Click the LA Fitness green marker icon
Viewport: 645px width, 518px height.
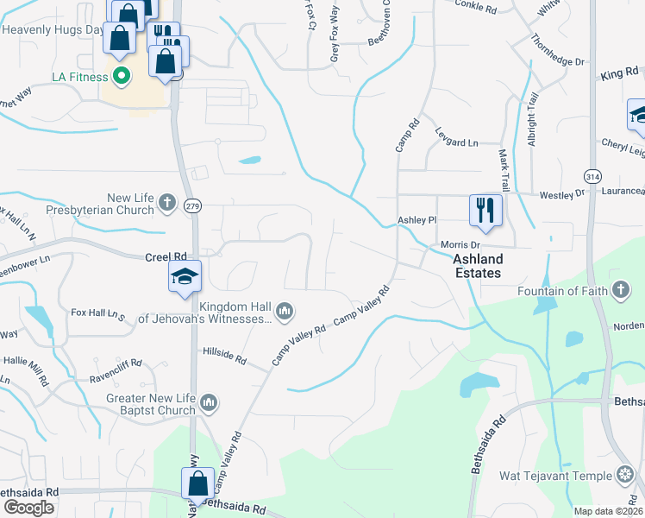(x=121, y=77)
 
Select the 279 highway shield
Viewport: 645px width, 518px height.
(x=193, y=205)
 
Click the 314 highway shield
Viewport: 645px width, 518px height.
(x=592, y=174)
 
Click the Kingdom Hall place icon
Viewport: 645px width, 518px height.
(x=285, y=310)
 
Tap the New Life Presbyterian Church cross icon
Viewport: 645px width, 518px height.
(x=167, y=204)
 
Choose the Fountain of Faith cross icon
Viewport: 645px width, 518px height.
(x=618, y=291)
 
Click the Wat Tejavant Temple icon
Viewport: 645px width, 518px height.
(x=625, y=475)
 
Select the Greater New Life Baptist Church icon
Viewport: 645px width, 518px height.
(x=208, y=402)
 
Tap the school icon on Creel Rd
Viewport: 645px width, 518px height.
(x=185, y=276)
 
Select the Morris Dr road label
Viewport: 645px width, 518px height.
(x=460, y=245)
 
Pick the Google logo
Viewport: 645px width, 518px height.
(x=28, y=508)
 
